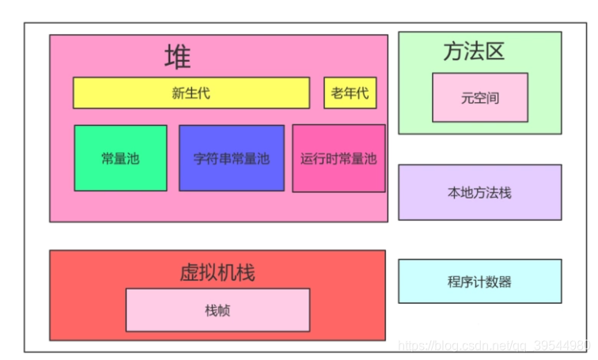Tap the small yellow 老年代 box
(350, 93)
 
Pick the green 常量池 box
(120, 158)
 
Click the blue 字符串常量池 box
(231, 158)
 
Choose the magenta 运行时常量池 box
(339, 158)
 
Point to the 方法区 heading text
(473, 51)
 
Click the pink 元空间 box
(479, 97)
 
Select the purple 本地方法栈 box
(479, 191)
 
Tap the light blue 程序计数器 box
(479, 281)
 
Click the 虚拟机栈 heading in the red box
(217, 273)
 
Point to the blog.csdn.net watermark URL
(494, 346)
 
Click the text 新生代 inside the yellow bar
(191, 93)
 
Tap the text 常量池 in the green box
(120, 158)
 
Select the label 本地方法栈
(479, 192)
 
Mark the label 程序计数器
(479, 282)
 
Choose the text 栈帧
(217, 310)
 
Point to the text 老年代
(350, 93)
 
